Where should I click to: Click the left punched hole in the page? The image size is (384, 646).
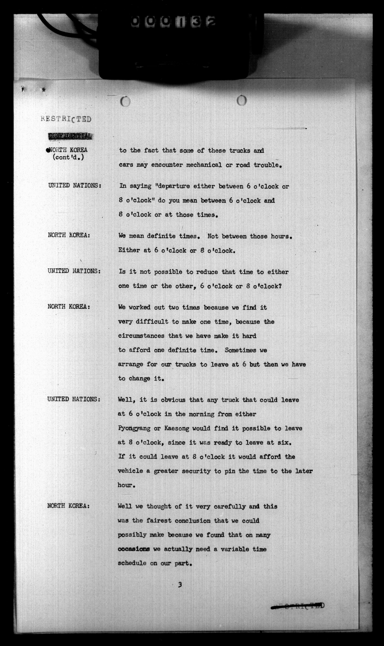(125, 102)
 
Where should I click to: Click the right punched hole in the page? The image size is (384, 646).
(242, 101)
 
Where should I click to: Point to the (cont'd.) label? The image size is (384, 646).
(68, 157)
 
